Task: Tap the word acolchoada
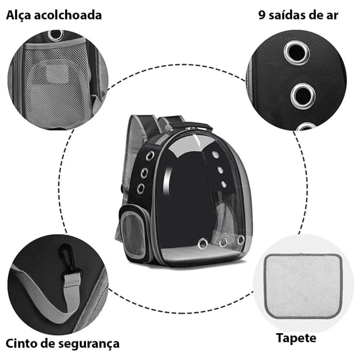click(x=68, y=15)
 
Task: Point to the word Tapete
click(x=296, y=338)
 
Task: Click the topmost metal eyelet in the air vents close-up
click(x=296, y=52)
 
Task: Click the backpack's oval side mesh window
click(x=133, y=229)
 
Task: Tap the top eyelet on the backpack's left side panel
click(x=150, y=155)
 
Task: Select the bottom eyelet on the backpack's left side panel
click(x=140, y=188)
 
